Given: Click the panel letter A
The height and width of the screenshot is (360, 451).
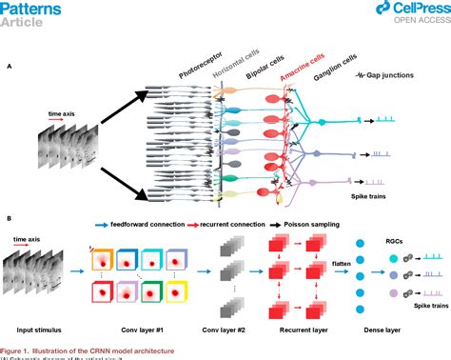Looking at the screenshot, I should [9, 67].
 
